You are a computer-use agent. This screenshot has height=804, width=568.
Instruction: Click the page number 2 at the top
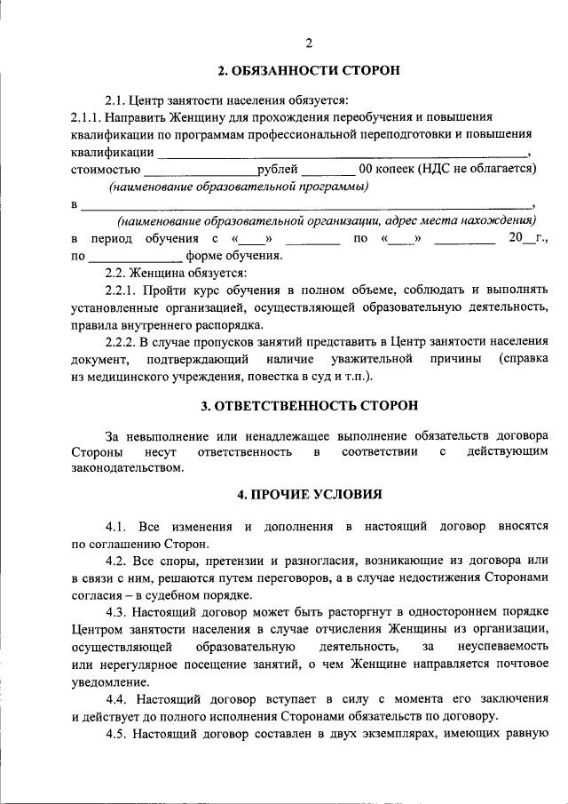pyautogui.click(x=309, y=44)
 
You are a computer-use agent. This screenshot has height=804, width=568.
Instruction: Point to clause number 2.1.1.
pyautogui.click(x=85, y=116)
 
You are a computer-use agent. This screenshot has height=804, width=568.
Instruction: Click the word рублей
pyautogui.click(x=279, y=168)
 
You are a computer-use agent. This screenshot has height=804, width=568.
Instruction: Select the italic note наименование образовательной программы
pyautogui.click(x=239, y=187)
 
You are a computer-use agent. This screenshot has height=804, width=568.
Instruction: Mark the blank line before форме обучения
pyautogui.click(x=135, y=258)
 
